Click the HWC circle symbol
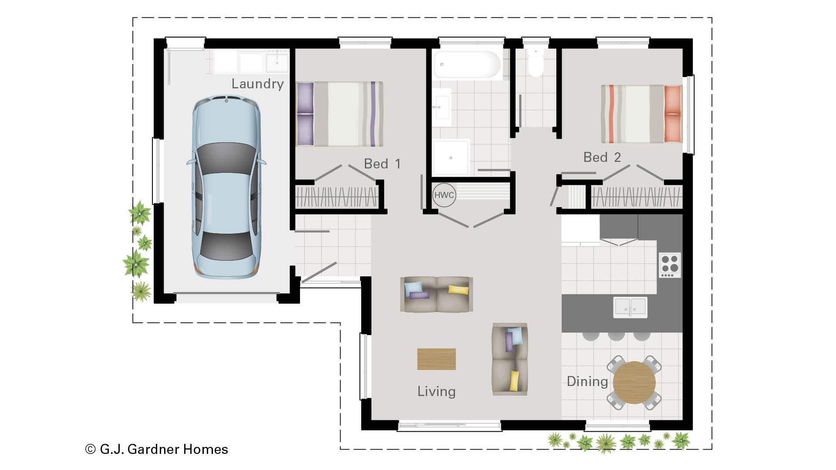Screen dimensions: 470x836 click(x=444, y=195)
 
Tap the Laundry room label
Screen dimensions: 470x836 click(x=257, y=84)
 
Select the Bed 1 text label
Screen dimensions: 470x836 click(x=382, y=164)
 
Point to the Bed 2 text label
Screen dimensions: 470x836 click(x=602, y=157)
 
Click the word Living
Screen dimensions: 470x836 click(x=436, y=391)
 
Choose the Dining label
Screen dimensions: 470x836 click(x=587, y=381)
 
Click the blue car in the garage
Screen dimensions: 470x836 click(x=226, y=187)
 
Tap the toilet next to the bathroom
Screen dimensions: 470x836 click(x=536, y=63)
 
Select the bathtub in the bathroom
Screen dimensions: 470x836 click(x=467, y=65)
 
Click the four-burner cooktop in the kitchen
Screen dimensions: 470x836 click(x=670, y=265)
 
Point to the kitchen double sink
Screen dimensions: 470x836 click(x=630, y=307)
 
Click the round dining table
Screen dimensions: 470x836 click(x=634, y=383)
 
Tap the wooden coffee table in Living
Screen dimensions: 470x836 click(x=436, y=359)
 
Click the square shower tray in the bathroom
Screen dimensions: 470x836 click(x=451, y=157)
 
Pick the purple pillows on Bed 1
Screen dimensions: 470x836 click(x=305, y=114)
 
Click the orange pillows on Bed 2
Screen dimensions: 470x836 click(x=673, y=114)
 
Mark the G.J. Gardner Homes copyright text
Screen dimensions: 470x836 click(x=157, y=449)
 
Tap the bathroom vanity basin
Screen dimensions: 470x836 click(x=442, y=107)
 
